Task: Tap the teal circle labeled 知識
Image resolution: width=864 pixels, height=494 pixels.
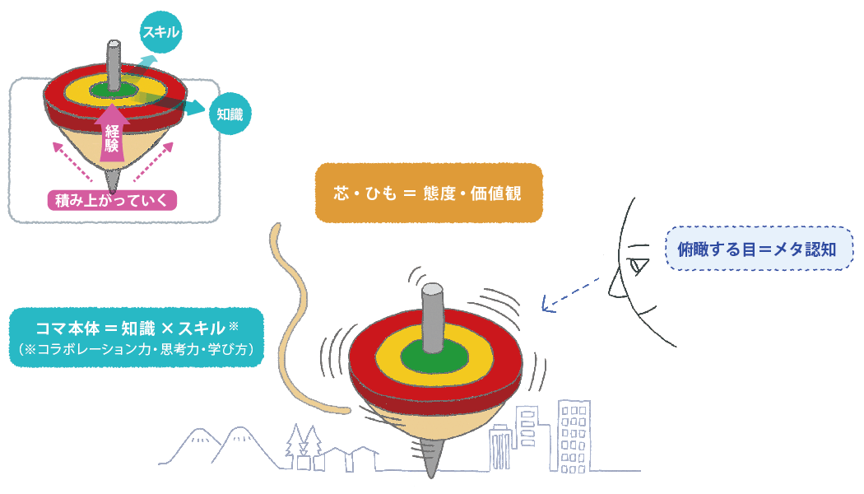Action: point(229,114)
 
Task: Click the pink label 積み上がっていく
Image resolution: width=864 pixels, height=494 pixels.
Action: point(112,200)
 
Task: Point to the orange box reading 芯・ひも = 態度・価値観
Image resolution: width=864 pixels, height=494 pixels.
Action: point(429,193)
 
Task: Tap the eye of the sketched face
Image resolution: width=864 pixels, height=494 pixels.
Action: point(639,266)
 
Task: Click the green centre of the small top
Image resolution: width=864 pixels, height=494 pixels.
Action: point(99,87)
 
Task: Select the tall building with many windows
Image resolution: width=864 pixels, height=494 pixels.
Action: point(574,436)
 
